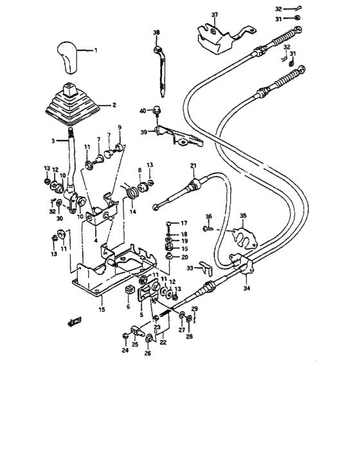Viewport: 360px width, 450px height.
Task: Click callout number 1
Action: tap(96, 50)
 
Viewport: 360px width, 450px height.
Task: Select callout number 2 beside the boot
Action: tap(114, 104)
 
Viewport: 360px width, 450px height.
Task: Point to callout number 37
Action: tap(215, 15)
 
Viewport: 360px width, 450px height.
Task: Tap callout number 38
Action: tap(156, 32)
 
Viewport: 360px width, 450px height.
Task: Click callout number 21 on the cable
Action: tap(192, 166)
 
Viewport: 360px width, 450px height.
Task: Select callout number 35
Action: tap(242, 215)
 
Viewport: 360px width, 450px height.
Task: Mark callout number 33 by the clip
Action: tap(189, 268)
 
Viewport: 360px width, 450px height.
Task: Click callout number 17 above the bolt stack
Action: tap(184, 222)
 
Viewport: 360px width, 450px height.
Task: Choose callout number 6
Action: tap(128, 307)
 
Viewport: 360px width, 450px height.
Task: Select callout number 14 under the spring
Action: tap(133, 212)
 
